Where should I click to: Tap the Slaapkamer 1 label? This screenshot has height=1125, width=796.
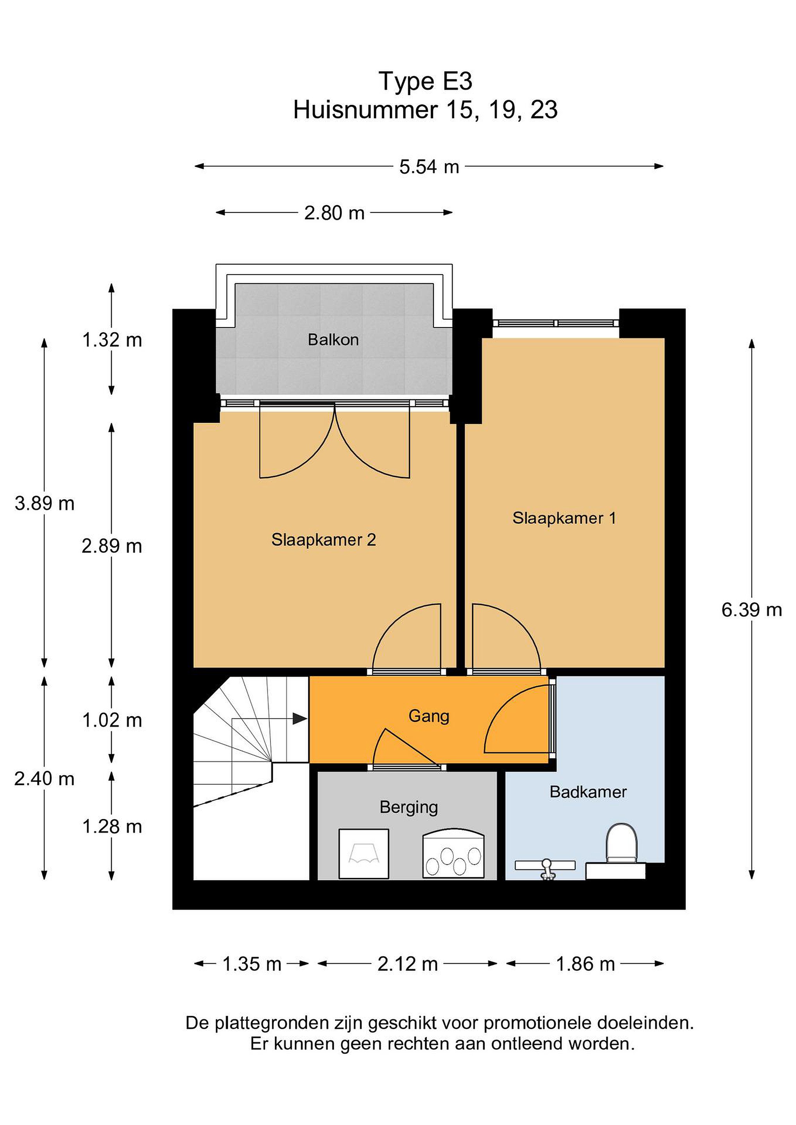pyautogui.click(x=564, y=518)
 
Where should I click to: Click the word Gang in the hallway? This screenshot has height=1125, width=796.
pyautogui.click(x=429, y=716)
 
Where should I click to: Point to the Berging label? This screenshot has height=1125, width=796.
pyautogui.click(x=409, y=807)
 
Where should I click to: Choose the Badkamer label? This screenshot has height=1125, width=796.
pyautogui.click(x=588, y=792)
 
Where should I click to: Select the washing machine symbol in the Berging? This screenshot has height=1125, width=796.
pyautogui.click(x=364, y=854)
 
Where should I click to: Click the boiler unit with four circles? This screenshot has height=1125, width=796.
pyautogui.click(x=453, y=854)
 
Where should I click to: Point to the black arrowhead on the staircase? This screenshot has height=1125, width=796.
pyautogui.click(x=299, y=719)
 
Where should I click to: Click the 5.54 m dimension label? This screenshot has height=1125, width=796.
pyautogui.click(x=429, y=167)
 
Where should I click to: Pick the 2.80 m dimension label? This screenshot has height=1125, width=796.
pyautogui.click(x=334, y=213)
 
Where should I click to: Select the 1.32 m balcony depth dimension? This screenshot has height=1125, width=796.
pyautogui.click(x=112, y=340)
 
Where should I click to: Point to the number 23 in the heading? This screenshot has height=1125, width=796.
pyautogui.click(x=544, y=110)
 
